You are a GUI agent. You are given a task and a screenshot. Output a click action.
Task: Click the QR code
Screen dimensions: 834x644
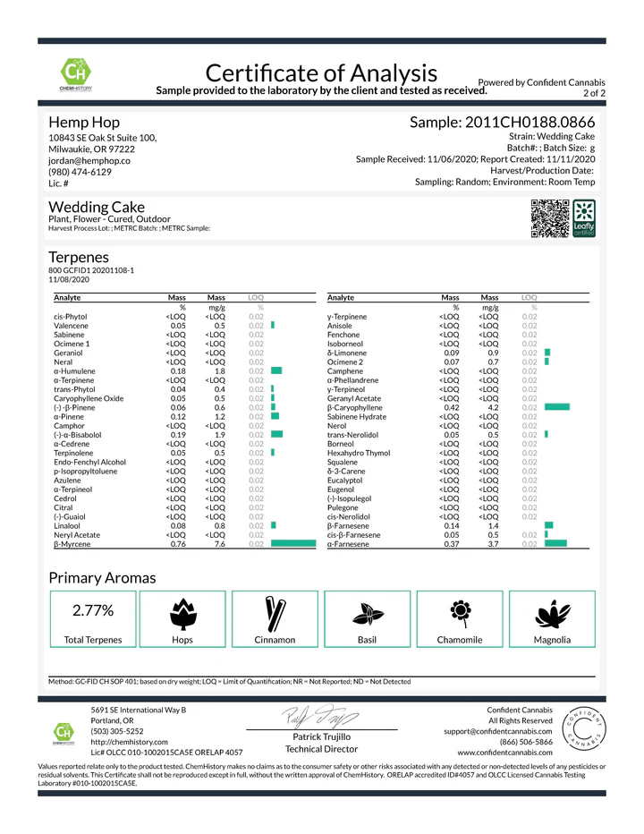(550, 217)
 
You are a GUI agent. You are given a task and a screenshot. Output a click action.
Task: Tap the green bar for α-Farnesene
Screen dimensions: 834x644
(555, 544)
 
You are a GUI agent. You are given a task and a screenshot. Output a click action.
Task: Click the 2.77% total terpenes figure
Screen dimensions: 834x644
(92, 611)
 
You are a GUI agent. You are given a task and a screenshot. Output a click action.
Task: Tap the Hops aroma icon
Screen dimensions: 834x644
(182, 613)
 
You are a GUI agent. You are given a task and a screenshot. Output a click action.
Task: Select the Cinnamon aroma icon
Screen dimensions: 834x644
(275, 613)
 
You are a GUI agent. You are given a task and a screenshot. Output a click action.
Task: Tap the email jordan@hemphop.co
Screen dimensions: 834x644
(89, 161)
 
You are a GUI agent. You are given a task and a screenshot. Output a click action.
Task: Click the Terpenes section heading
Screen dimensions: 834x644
(80, 256)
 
